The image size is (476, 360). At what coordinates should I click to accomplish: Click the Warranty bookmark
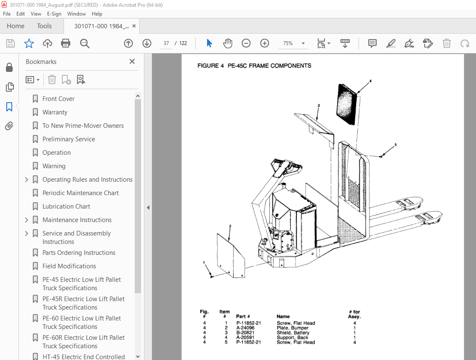(x=55, y=112)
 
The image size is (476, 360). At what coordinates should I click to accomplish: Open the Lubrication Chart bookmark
(x=66, y=206)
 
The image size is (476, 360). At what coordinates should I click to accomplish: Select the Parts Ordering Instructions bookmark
(x=79, y=253)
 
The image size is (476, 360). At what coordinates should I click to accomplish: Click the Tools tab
(x=44, y=26)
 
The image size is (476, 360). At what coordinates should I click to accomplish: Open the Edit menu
(x=21, y=14)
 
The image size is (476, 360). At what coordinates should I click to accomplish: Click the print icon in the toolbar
(x=66, y=43)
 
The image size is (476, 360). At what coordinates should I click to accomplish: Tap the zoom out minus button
(x=246, y=43)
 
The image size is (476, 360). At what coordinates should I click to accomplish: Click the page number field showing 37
(x=166, y=43)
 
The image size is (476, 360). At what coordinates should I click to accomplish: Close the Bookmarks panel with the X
(x=132, y=61)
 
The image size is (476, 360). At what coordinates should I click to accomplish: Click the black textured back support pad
(x=347, y=103)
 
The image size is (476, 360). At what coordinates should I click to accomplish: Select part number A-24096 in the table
(x=245, y=328)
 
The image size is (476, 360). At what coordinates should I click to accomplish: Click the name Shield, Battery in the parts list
(x=293, y=333)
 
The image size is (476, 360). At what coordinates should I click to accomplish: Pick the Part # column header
(x=243, y=317)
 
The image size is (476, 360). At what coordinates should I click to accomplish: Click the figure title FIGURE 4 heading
(x=254, y=66)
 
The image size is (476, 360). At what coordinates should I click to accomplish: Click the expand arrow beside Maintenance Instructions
(x=27, y=220)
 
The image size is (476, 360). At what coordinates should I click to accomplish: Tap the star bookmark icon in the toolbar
(x=29, y=43)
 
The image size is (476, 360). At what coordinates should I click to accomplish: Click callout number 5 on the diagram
(x=395, y=145)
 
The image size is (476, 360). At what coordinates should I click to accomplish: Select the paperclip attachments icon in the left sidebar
(x=9, y=126)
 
